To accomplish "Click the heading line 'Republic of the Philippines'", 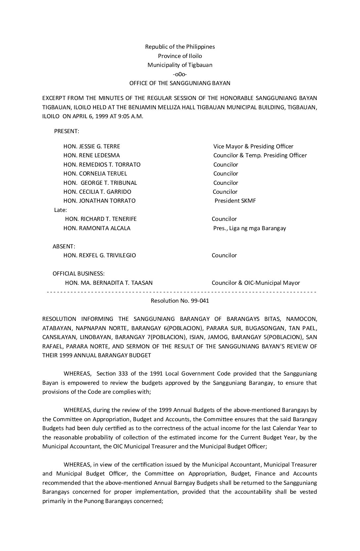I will [x=180, y=47].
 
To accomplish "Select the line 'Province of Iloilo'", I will [x=180, y=56].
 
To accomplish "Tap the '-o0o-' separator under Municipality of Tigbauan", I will [x=180, y=74].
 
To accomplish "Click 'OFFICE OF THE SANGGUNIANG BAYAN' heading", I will [x=180, y=83].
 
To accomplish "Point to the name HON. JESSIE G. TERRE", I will [x=92, y=146].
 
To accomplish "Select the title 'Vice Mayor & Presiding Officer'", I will [x=253, y=146].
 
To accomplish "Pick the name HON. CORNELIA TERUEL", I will [x=95, y=174].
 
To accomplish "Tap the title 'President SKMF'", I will [x=235, y=201].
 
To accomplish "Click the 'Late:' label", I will [x=61, y=210].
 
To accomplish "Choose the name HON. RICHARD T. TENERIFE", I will [x=101, y=219].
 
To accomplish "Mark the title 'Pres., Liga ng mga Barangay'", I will [x=249, y=228].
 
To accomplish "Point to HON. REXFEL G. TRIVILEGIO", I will [x=100, y=255].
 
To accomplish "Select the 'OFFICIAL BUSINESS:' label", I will [x=78, y=274].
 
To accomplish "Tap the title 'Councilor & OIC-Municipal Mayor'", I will [x=256, y=283].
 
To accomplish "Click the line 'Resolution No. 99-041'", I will [x=180, y=301].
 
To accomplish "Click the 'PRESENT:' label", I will [x=67, y=131].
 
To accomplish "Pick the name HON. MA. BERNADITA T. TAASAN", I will [x=109, y=283].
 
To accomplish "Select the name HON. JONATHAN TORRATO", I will [x=99, y=201].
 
